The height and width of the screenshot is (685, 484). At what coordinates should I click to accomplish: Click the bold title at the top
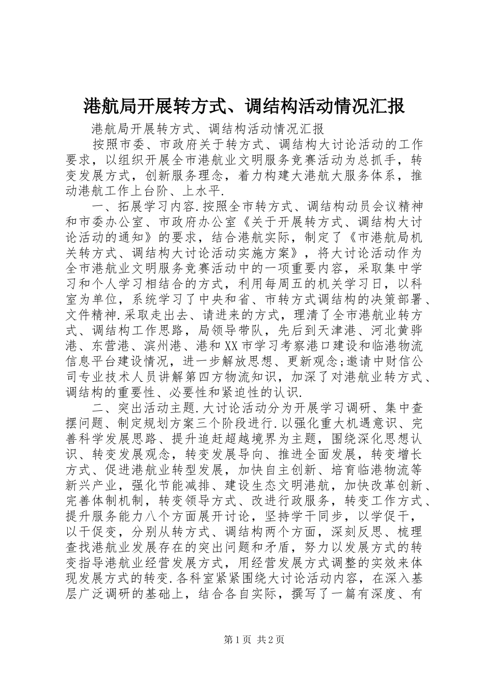243,106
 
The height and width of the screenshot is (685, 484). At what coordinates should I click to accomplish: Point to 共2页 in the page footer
271,640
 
